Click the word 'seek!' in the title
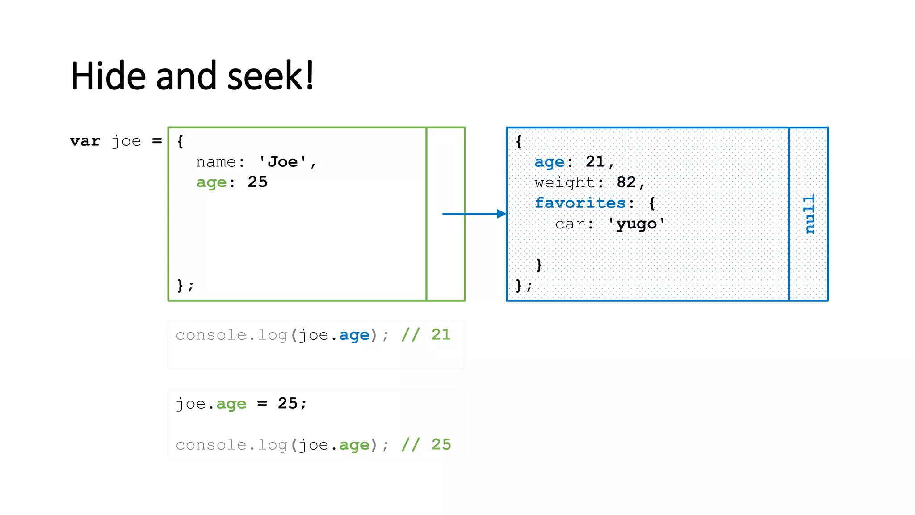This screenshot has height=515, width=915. pos(270,76)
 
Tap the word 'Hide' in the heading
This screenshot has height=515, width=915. pos(108,76)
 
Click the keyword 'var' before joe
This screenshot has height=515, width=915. pos(85,141)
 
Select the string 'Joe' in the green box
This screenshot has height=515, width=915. pos(283,162)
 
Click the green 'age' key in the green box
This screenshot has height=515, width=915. pos(211,182)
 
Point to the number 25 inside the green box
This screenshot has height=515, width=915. pos(257,182)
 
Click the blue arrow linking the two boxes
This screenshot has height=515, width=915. pos(474,214)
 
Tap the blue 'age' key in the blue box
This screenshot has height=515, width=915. pos(550,162)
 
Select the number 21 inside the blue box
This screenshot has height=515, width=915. pos(595,161)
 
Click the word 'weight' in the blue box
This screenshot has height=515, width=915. pos(564,182)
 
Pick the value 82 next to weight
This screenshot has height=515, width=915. pos(626,182)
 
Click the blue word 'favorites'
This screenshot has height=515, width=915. pos(580,203)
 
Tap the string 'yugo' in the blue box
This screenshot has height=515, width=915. pos(636,224)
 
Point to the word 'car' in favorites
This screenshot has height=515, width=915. pos(570,224)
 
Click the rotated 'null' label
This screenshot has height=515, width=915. pos(809,214)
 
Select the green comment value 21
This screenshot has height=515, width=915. pos(441,334)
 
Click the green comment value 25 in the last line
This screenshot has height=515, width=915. pos(441,444)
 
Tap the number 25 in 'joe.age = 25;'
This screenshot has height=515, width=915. pos(287,403)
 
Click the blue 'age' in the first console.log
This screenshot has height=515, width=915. pos(354,335)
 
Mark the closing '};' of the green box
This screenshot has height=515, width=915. pos(185,285)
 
